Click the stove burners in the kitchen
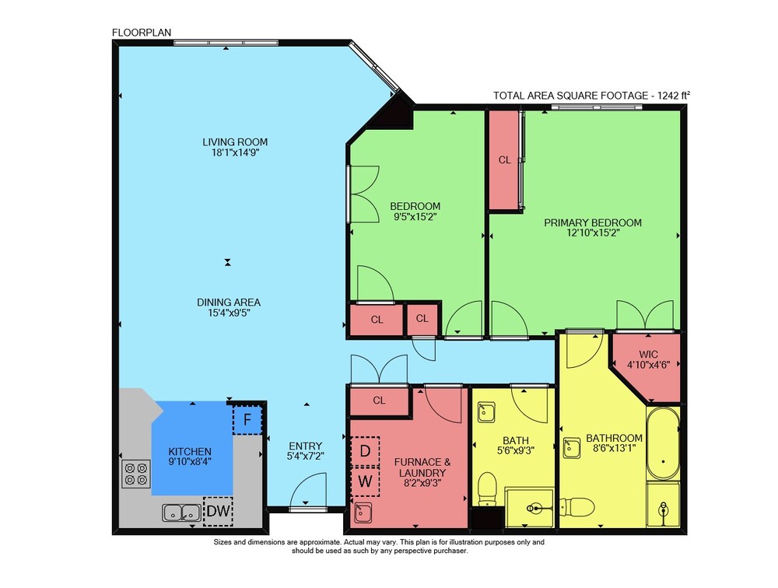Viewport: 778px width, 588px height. (136, 474)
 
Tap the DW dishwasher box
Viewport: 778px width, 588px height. (219, 511)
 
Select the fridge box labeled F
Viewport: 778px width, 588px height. (247, 420)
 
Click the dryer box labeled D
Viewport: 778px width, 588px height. (365, 451)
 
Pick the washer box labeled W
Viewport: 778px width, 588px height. (365, 481)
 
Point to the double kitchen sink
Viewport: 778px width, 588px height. (181, 513)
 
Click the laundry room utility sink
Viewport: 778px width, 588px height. (363, 512)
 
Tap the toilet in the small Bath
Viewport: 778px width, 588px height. (487, 488)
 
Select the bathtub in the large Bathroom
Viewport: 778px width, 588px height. (663, 444)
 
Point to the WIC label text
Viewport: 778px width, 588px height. (648, 355)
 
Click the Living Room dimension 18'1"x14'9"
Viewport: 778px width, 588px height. (235, 152)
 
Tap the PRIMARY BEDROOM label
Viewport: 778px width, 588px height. (592, 222)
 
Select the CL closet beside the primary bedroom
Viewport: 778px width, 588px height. (505, 159)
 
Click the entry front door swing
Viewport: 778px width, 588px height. (308, 491)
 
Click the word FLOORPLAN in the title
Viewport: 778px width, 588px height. (142, 33)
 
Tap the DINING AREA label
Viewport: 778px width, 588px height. (229, 303)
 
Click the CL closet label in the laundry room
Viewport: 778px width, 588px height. (379, 400)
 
